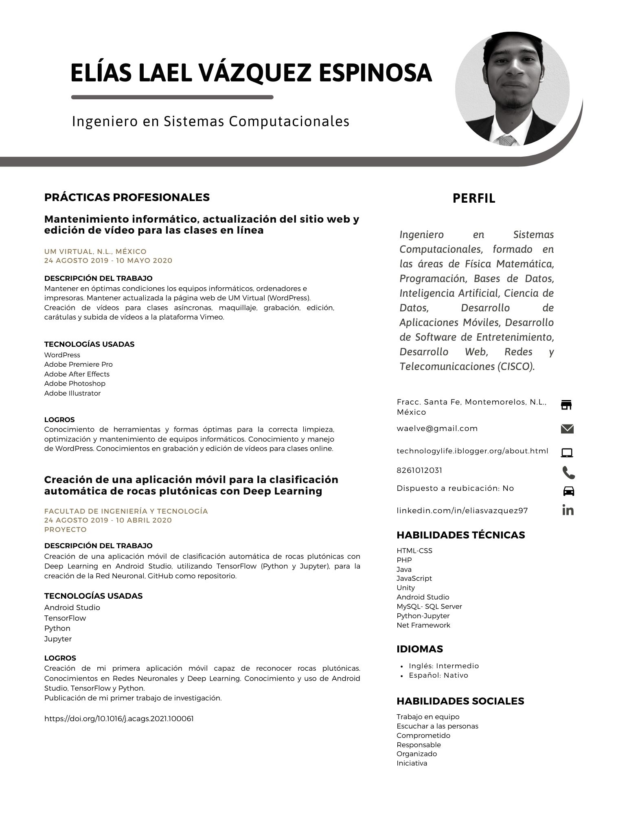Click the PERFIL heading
474,199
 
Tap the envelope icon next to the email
567,429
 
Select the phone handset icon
568,473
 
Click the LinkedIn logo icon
568,510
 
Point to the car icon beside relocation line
568,491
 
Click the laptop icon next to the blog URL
567,453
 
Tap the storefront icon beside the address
566,405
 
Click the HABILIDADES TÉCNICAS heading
461,535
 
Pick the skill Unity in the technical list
405,588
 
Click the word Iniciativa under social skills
412,763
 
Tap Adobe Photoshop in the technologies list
75,383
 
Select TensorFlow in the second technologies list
65,618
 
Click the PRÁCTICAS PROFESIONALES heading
127,197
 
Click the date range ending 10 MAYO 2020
108,260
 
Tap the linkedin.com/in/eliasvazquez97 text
462,510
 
